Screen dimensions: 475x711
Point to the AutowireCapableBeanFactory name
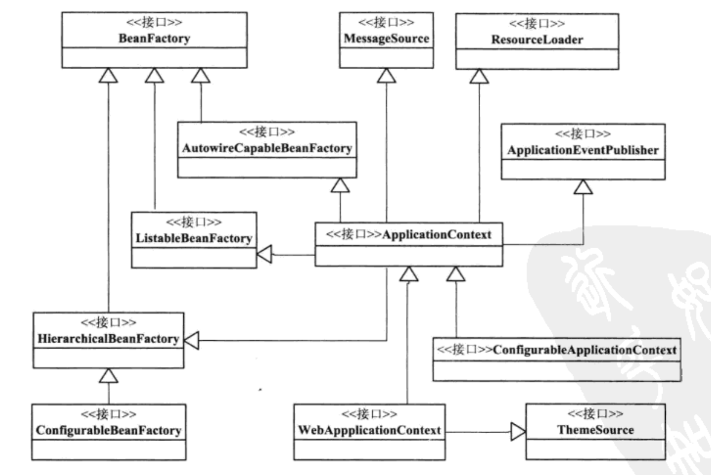[x=266, y=149]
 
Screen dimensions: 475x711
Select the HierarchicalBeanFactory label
[x=107, y=340]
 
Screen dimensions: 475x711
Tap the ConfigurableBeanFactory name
[x=107, y=428]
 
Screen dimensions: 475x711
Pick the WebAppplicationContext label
[x=370, y=429]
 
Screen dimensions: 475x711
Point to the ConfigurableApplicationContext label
[x=586, y=349]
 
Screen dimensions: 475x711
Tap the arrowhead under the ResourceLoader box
[x=478, y=75]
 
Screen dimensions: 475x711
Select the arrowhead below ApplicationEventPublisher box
[x=583, y=187]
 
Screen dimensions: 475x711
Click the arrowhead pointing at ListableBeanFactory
[x=264, y=255]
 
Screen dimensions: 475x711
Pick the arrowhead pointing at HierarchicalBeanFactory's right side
[x=191, y=340]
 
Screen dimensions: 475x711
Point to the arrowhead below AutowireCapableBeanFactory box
[x=339, y=184]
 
